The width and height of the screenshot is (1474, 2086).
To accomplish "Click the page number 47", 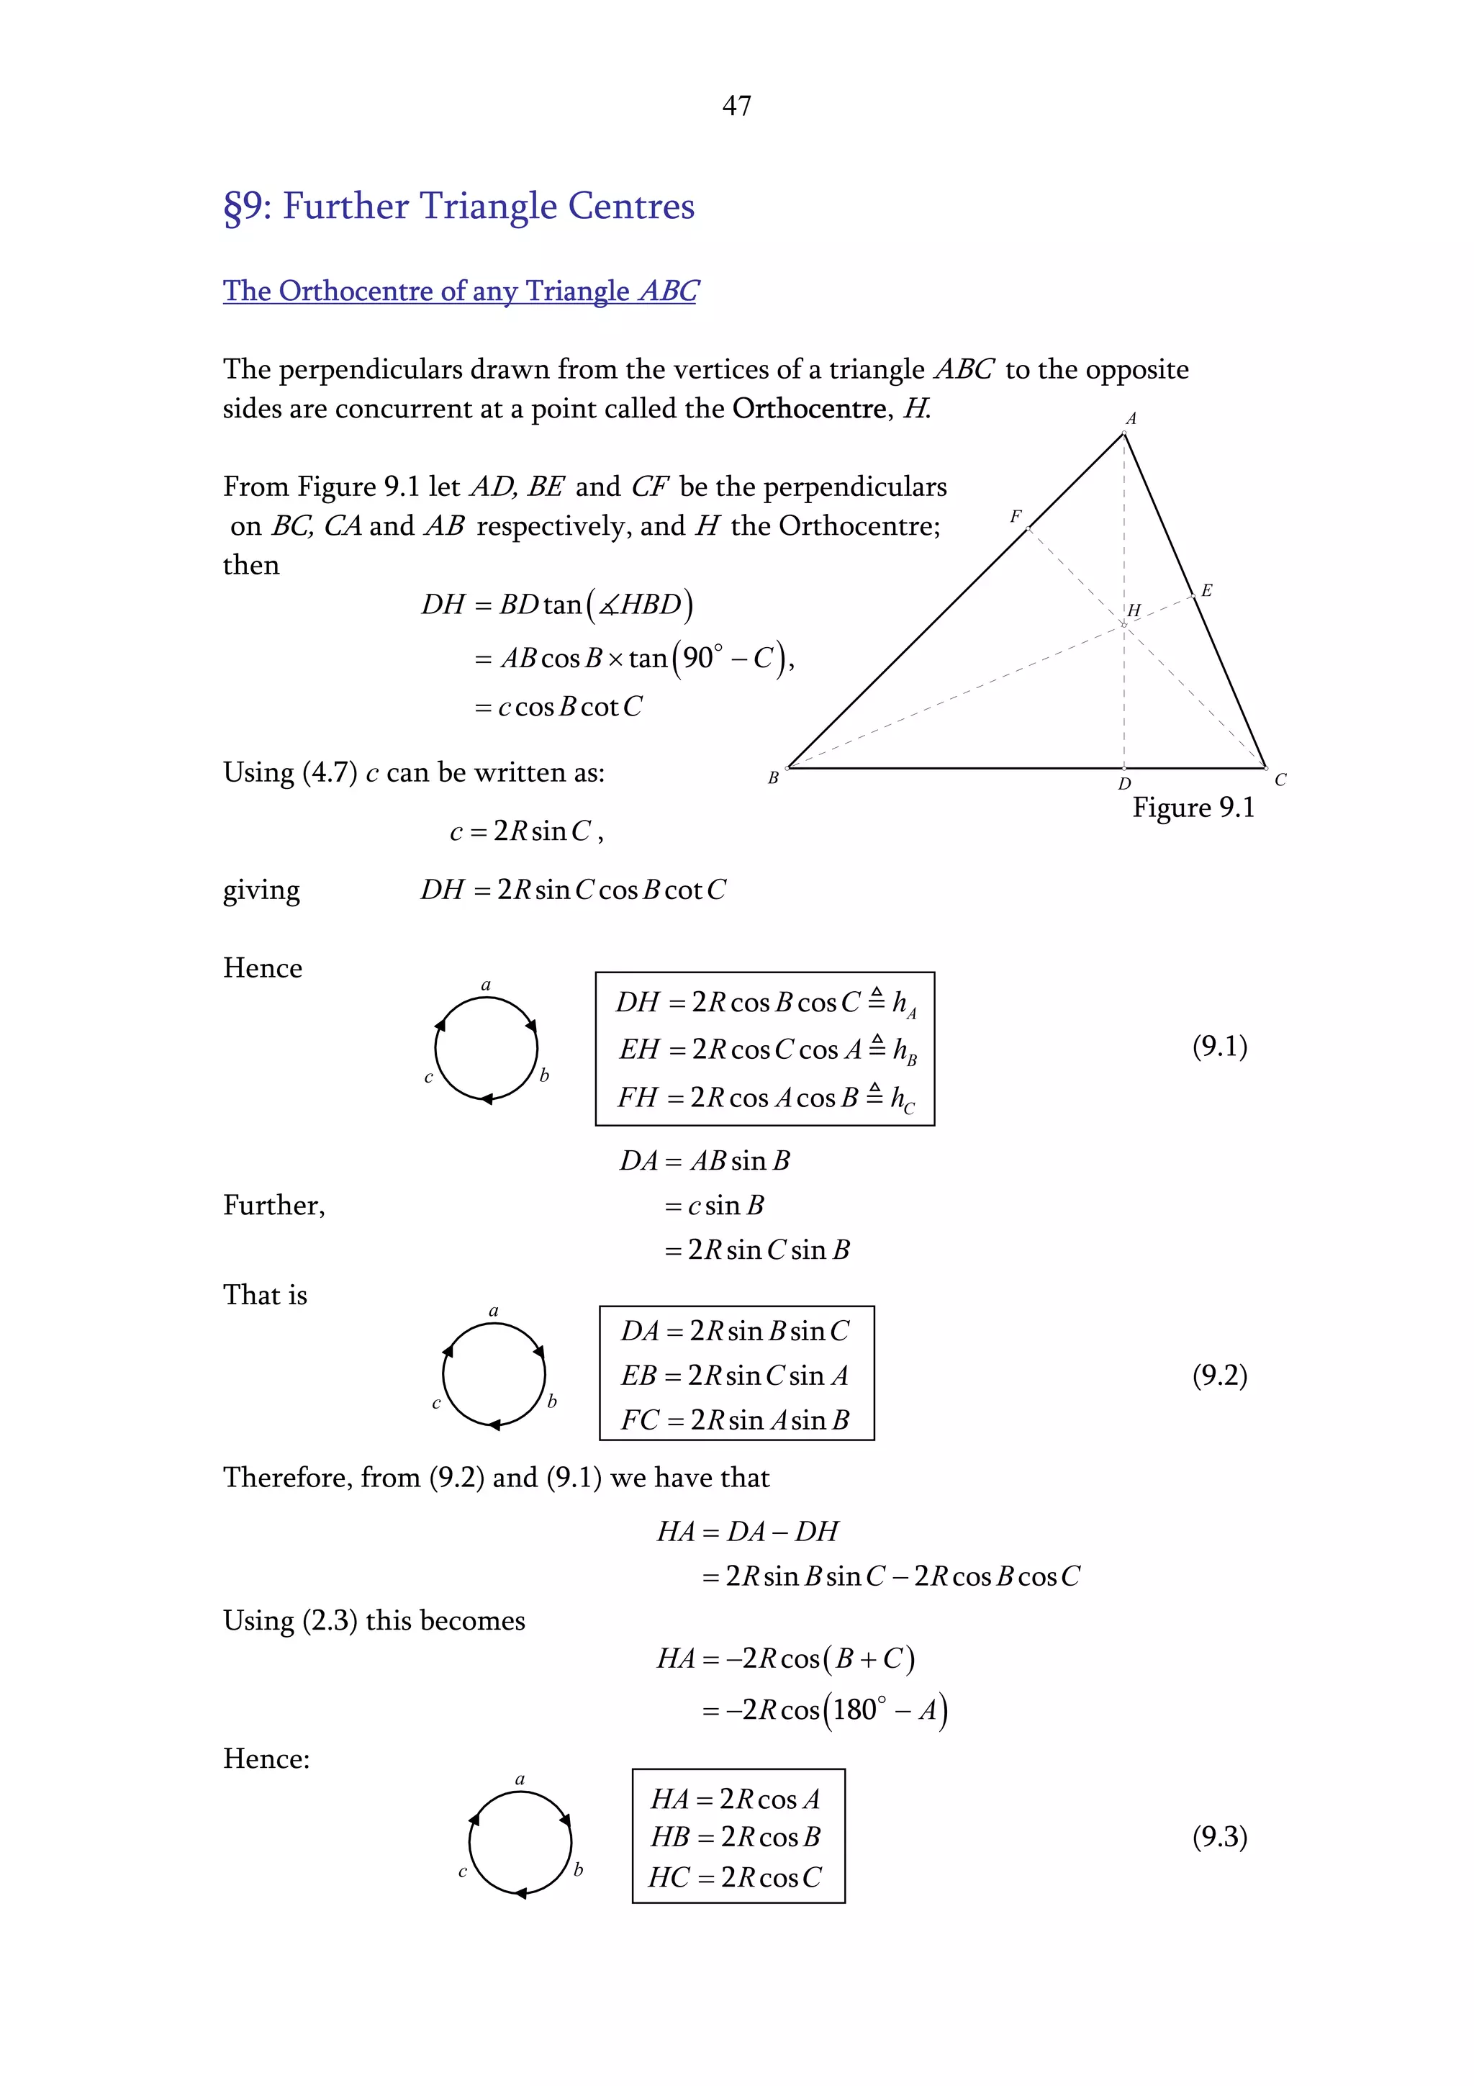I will (x=736, y=107).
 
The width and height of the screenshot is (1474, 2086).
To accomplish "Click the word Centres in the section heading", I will (x=631, y=207).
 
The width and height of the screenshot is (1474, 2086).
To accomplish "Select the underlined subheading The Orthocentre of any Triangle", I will (x=460, y=291).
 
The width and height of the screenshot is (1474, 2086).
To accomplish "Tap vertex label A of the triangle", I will (x=1131, y=419).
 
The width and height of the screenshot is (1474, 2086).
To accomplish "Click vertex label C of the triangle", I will (x=1280, y=780).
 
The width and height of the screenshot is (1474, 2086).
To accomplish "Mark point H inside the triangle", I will (x=1134, y=610).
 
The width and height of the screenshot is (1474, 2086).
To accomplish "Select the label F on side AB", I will (x=1016, y=517).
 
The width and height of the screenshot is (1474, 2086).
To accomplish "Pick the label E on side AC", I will (x=1206, y=590).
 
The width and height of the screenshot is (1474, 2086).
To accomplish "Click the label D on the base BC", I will (x=1124, y=783).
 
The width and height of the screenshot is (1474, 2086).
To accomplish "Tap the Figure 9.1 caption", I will (x=1193, y=808).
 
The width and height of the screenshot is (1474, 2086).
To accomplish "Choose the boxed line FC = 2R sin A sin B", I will (x=735, y=1419).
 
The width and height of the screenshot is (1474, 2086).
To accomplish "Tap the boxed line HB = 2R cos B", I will (x=735, y=1836).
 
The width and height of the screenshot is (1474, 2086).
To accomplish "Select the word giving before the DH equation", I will (x=261, y=890).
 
